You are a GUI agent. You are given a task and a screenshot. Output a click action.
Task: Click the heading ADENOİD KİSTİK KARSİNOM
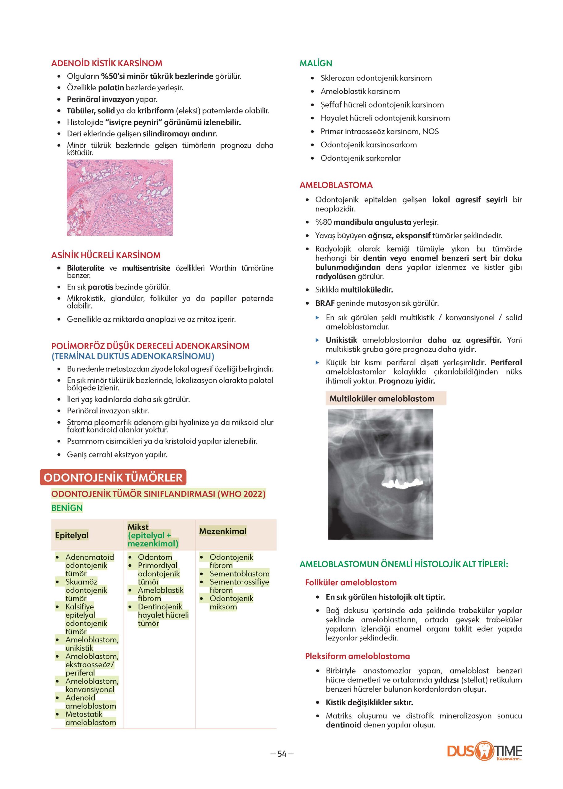click(x=106, y=63)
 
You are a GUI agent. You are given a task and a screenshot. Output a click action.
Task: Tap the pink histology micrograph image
click(x=120, y=198)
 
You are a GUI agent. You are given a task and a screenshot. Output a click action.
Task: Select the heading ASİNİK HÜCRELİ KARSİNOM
click(x=106, y=255)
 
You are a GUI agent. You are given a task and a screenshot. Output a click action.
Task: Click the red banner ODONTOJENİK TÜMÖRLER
click(x=113, y=478)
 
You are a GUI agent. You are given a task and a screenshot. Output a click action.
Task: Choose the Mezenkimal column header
click(x=222, y=531)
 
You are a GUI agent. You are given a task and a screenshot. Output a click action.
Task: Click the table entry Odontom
click(x=155, y=557)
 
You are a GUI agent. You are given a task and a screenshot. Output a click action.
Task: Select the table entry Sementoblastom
click(x=239, y=574)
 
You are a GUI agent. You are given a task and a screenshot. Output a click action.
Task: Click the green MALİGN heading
click(x=316, y=63)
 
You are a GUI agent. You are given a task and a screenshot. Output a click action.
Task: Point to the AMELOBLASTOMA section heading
click(x=336, y=185)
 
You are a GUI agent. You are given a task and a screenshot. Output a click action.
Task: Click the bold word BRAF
click(x=325, y=303)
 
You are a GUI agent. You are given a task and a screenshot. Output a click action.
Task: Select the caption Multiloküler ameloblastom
click(x=382, y=399)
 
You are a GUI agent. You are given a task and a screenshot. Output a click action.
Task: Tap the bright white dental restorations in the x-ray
click(x=399, y=484)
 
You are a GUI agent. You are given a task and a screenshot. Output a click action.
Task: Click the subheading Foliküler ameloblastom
click(x=351, y=583)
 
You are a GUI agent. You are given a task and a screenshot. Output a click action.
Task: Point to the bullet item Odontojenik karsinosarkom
click(x=369, y=145)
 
